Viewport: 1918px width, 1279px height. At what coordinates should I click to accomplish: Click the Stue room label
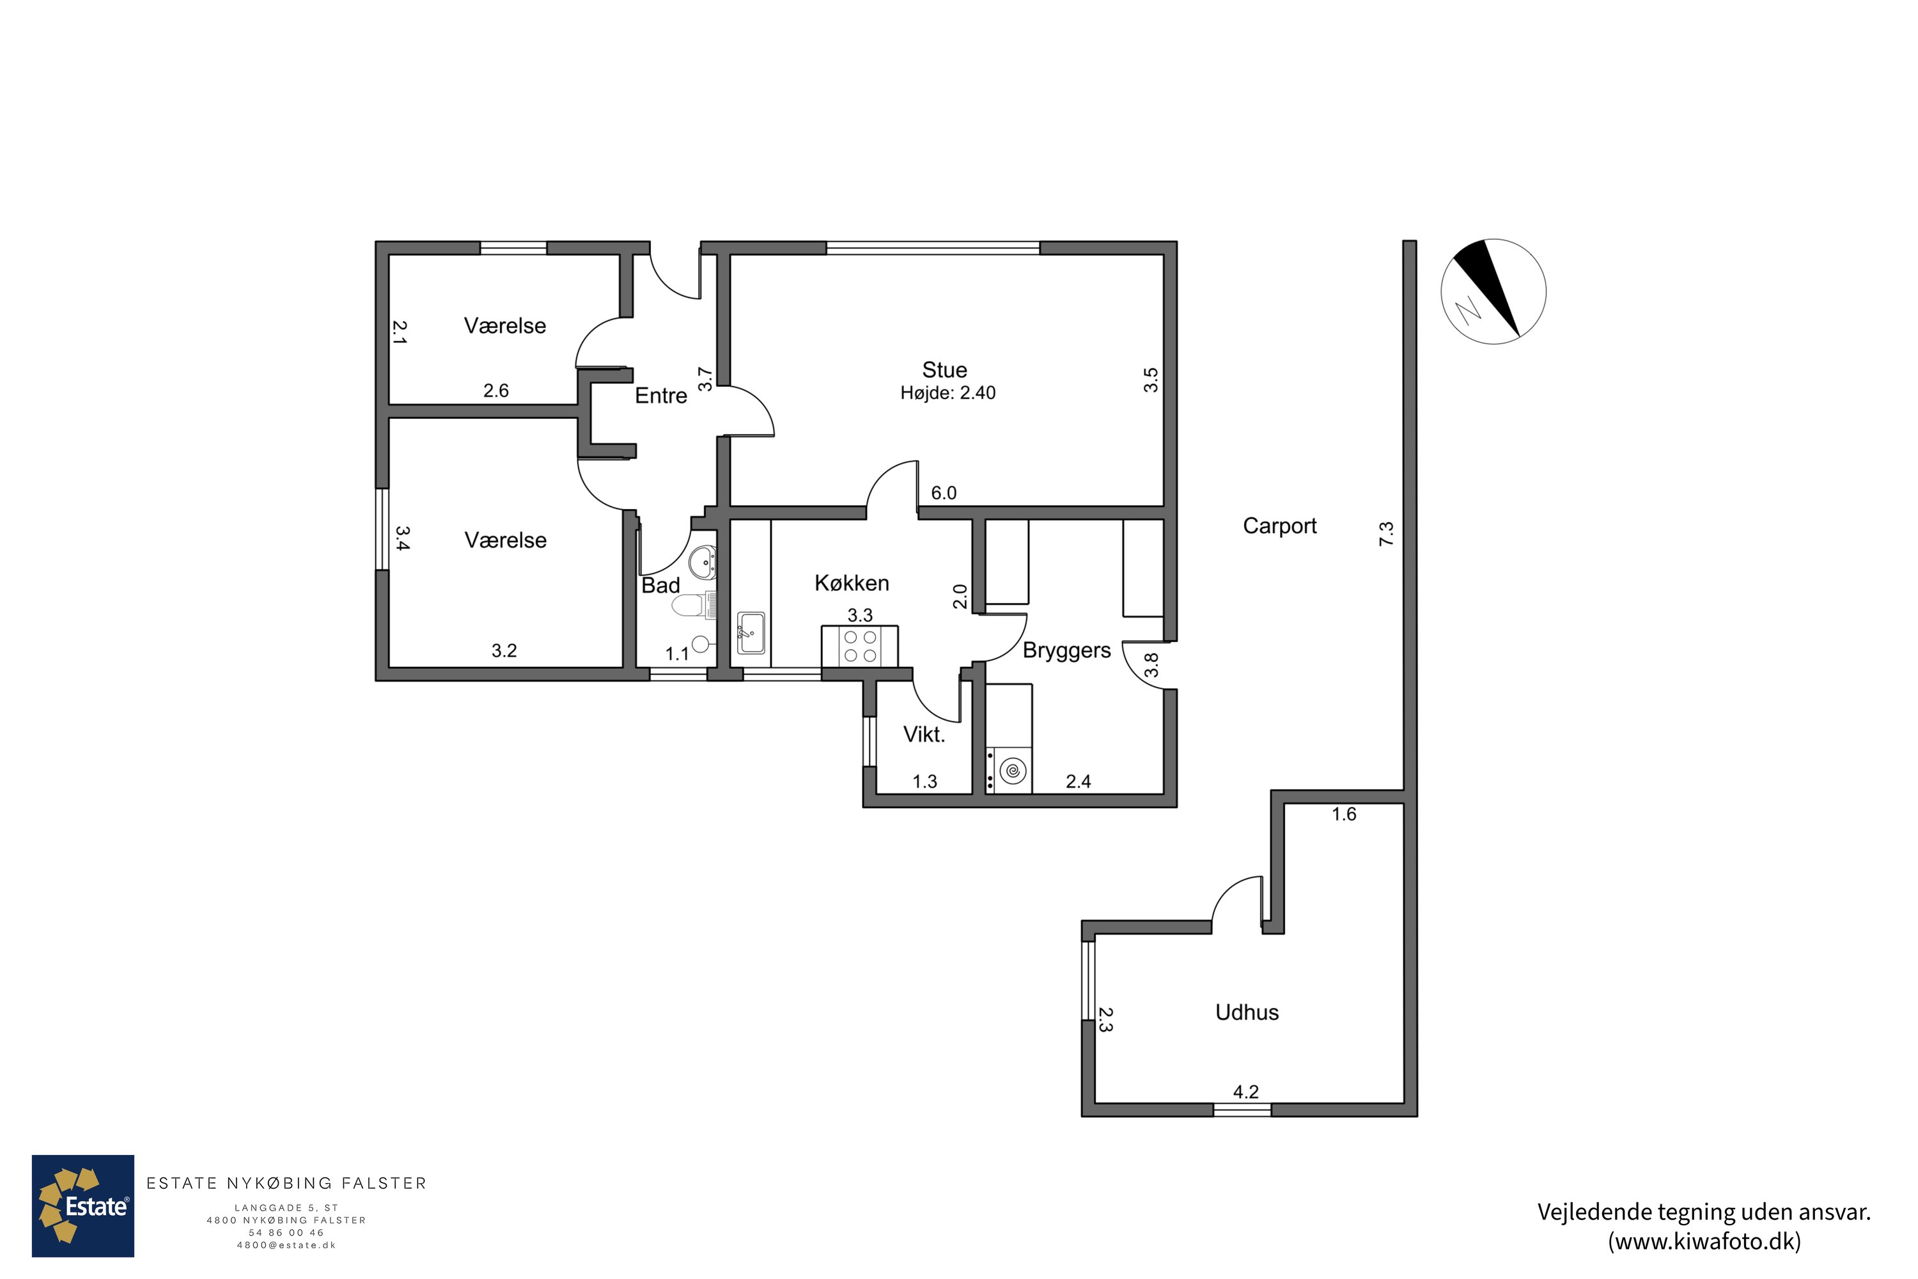tap(944, 370)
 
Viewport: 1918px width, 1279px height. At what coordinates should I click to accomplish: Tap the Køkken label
tap(852, 583)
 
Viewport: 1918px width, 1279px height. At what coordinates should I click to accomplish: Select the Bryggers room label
tap(1066, 651)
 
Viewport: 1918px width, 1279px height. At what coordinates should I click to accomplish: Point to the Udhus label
tap(1247, 1012)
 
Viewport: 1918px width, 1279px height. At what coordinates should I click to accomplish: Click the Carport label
tap(1279, 526)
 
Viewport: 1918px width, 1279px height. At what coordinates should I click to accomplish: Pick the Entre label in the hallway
tap(660, 396)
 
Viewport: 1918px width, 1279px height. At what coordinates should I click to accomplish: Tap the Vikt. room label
tap(924, 735)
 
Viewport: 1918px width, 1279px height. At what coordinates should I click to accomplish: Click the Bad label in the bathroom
tap(660, 586)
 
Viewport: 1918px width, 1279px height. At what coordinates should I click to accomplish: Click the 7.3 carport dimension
tap(1386, 534)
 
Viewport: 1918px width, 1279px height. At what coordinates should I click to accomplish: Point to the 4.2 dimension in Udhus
tap(1246, 1092)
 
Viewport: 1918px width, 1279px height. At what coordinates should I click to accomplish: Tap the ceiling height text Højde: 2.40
tap(947, 393)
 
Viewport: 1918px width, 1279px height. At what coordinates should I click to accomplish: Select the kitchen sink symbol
tap(751, 633)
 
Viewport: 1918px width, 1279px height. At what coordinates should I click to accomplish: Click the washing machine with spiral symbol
tap(1009, 770)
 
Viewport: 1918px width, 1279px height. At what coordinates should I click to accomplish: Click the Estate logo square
tap(83, 1205)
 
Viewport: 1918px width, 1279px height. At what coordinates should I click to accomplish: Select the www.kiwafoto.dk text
tap(1704, 1241)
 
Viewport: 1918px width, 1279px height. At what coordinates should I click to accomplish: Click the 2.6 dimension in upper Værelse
tap(496, 391)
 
